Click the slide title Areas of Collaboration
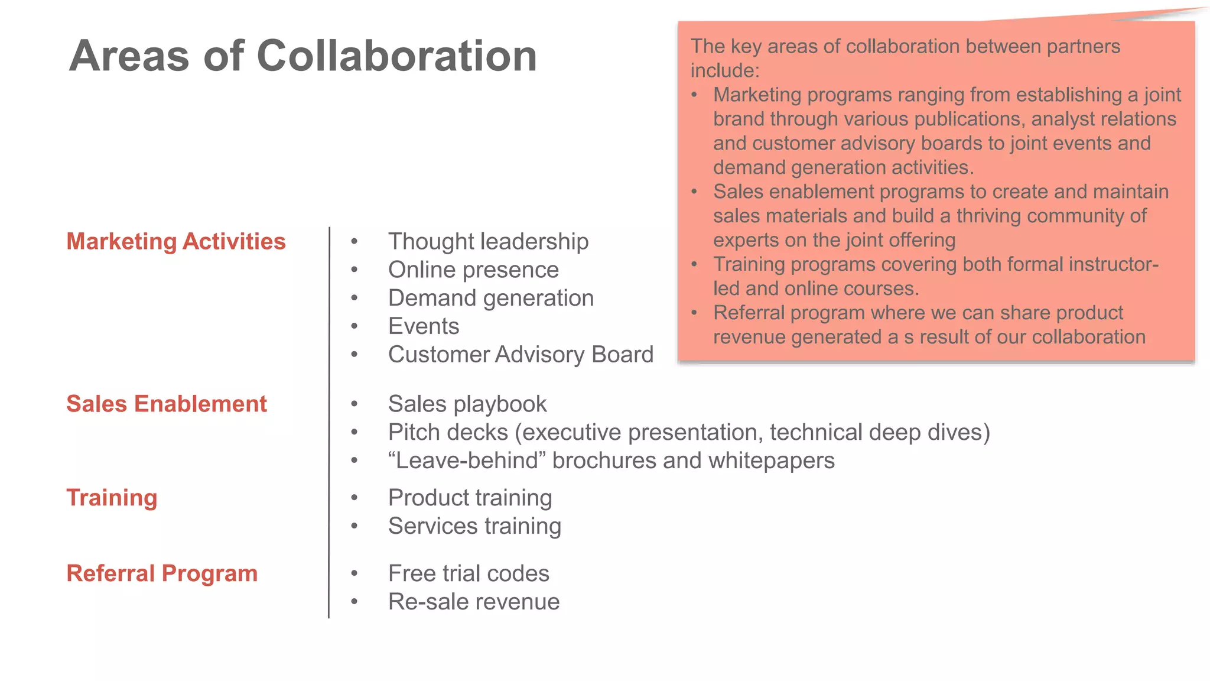tap(302, 56)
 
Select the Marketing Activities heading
tap(176, 241)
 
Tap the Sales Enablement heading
tap(167, 404)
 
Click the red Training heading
tap(112, 498)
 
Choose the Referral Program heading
tap(162, 573)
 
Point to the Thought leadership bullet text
tap(488, 241)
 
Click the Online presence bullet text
tap(473, 270)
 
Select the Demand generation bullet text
tap(490, 298)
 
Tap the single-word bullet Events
tap(424, 326)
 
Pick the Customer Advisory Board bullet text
tap(521, 355)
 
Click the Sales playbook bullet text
tap(467, 404)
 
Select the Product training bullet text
tap(470, 498)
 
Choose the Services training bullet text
tap(474, 526)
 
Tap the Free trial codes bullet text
tap(469, 573)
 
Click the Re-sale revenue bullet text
tap(474, 602)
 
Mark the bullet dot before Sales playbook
tap(354, 404)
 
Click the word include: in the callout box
tap(725, 70)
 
